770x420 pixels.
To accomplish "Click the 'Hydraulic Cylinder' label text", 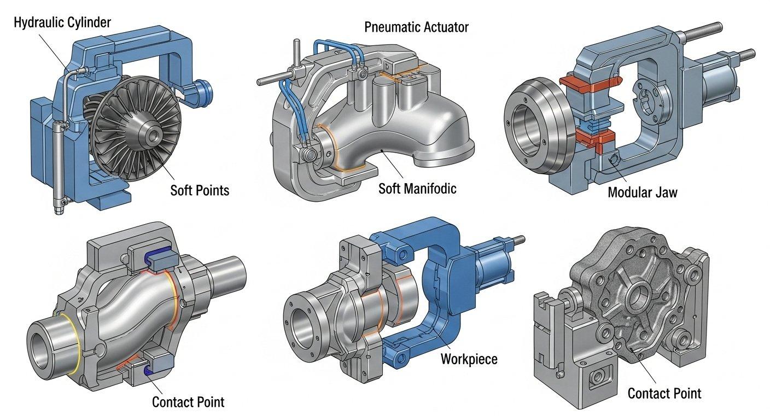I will (x=62, y=22).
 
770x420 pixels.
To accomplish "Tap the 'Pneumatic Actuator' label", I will (x=417, y=27).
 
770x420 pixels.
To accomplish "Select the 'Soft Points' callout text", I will (x=200, y=190).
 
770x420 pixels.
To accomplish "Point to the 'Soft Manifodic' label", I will (x=417, y=189).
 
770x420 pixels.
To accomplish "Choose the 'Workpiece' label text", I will (x=469, y=359).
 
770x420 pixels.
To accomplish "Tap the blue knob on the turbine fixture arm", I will (x=207, y=89).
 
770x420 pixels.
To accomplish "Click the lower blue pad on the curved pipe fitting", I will (x=147, y=372).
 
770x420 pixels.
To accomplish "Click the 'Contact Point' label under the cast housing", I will (x=664, y=393).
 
